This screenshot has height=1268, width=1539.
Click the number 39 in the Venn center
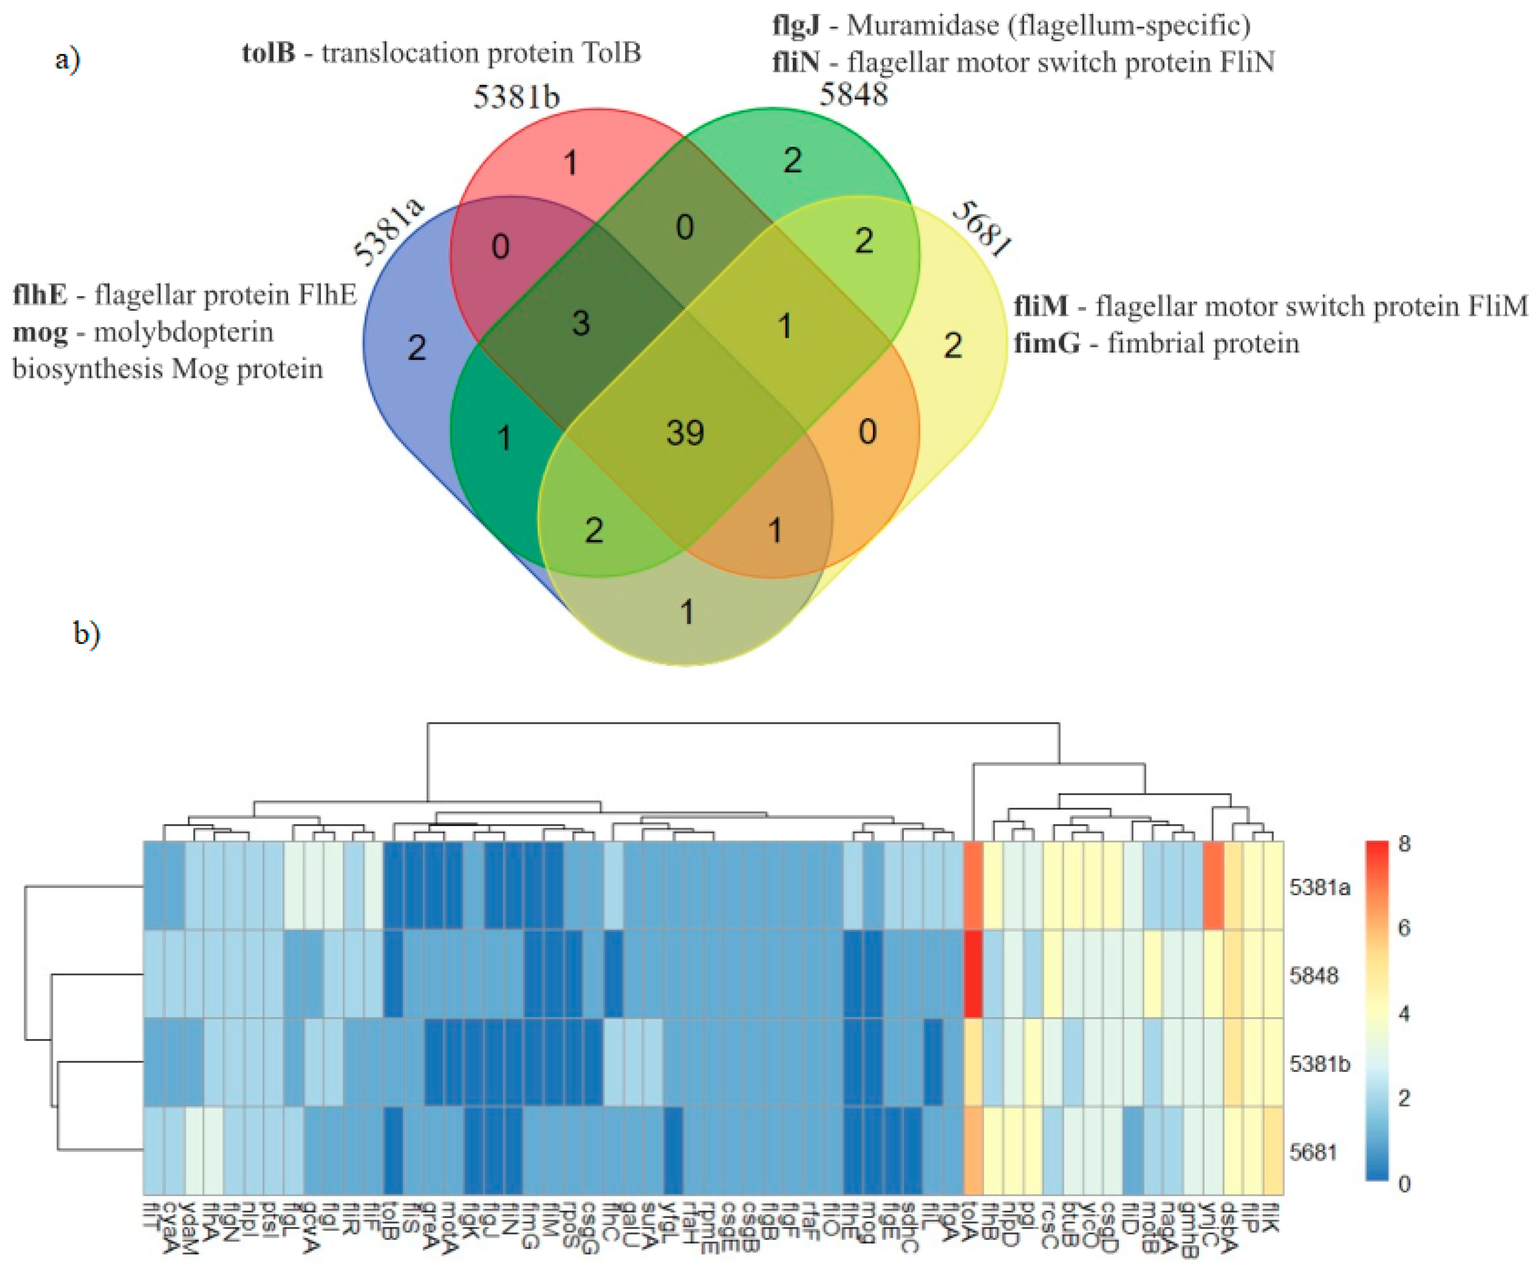tap(685, 433)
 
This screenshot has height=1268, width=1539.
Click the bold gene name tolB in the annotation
tap(269, 53)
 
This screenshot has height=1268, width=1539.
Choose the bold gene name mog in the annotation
tap(40, 332)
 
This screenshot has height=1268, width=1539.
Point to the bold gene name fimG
tap(1046, 343)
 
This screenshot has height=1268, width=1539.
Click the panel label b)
tap(86, 633)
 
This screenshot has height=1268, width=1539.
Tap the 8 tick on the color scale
tap(1404, 844)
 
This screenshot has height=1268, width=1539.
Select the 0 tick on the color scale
tap(1404, 1184)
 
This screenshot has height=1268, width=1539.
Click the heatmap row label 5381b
tap(1319, 1064)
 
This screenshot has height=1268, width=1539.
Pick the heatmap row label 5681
tap(1313, 1152)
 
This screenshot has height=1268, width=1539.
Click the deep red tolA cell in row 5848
tap(973, 974)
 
